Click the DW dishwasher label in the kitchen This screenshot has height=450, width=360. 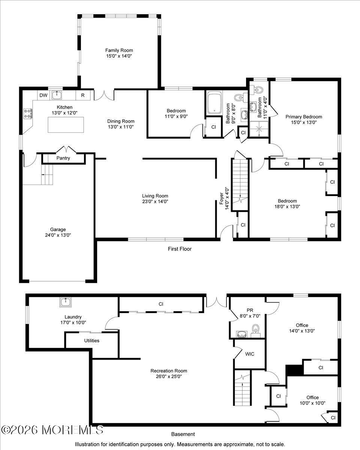43,95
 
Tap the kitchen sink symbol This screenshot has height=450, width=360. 57,95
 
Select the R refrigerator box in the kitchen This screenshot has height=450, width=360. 83,95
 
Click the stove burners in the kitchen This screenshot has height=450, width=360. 28,113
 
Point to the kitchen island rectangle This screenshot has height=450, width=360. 66,124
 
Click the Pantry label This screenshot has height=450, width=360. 63,158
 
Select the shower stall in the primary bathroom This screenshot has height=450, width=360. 259,129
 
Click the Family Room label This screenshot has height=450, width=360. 119,50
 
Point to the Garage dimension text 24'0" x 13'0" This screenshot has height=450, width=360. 58,235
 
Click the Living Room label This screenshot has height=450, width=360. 155,196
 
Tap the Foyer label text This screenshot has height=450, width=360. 222,198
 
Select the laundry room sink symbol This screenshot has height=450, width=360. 66,302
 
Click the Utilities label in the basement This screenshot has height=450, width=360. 91,340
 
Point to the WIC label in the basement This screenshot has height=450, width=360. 250,354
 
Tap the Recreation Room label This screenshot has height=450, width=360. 169,371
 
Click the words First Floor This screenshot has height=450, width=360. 180,249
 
